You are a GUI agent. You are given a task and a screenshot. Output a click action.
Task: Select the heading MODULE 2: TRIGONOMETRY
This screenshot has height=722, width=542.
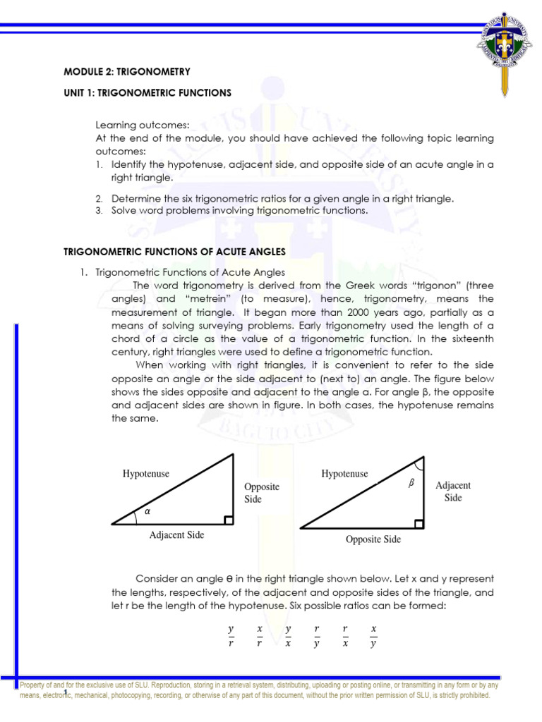point(128,72)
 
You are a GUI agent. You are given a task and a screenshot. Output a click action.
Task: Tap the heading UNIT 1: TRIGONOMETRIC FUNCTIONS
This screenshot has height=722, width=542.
point(147,92)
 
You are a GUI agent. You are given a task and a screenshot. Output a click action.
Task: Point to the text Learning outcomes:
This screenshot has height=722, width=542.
point(135,125)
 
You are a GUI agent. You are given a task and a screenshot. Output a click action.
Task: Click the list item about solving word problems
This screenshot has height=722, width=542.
point(239,210)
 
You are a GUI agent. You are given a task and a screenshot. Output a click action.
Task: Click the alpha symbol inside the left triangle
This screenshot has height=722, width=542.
point(147,513)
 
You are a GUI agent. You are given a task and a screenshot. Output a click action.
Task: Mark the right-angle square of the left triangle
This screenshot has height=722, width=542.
point(228,520)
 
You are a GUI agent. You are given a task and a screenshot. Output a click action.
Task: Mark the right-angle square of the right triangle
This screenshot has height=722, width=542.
point(419,523)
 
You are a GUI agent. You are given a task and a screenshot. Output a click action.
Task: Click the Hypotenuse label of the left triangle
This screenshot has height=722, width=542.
point(146,474)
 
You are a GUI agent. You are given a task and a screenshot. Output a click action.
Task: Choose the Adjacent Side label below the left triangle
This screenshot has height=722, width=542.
point(176,535)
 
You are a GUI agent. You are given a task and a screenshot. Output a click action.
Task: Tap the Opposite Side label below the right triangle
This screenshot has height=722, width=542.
point(373,539)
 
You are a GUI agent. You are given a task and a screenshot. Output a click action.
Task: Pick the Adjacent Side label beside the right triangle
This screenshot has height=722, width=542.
point(453,491)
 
